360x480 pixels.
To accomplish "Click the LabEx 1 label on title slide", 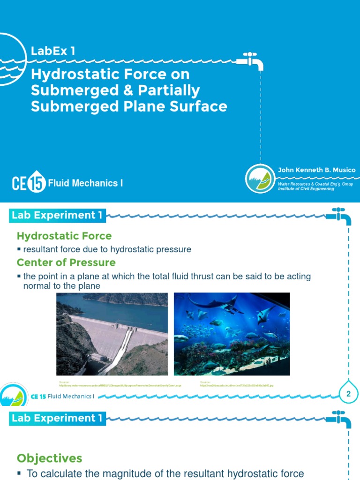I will [x=53, y=51].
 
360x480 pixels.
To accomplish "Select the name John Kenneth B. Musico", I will [x=316, y=170].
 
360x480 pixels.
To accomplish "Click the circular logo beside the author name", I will [x=260, y=179].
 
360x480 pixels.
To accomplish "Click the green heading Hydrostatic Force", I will [x=64, y=236].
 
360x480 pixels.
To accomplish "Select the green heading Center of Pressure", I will [x=66, y=262].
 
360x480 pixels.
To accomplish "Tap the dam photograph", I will [x=112, y=334].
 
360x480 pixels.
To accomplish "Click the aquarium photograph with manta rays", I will [x=232, y=334].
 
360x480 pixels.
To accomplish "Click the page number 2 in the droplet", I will [x=348, y=394].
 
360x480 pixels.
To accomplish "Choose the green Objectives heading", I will [x=49, y=458].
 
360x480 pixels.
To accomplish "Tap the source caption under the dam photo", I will [x=120, y=384].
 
